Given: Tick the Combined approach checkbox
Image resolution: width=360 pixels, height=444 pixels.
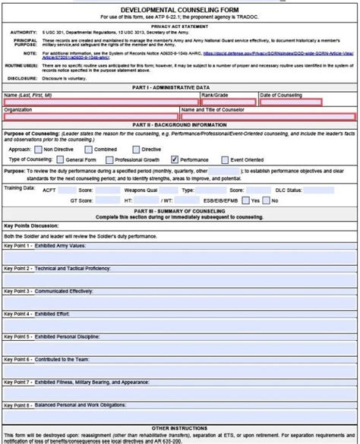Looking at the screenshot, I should pos(89,150).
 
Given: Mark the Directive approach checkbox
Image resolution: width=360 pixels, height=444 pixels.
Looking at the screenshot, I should pos(137,150).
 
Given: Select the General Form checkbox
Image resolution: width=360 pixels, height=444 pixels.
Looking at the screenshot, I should pos(60,160).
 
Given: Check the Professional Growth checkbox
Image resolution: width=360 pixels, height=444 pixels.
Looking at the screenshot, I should pos(109,160).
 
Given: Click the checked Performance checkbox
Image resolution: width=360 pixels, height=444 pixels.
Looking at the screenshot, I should pos(175,160).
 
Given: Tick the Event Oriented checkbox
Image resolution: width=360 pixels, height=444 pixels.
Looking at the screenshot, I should pos(225,160).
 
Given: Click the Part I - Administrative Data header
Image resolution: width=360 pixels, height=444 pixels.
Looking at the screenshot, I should pos(180,89).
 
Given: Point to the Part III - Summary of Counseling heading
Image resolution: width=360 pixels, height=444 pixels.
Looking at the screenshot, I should pos(180,209).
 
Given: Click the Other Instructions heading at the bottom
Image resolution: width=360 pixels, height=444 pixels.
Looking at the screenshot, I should pos(180,428).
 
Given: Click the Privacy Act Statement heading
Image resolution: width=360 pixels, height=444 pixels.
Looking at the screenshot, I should pos(180,25).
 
